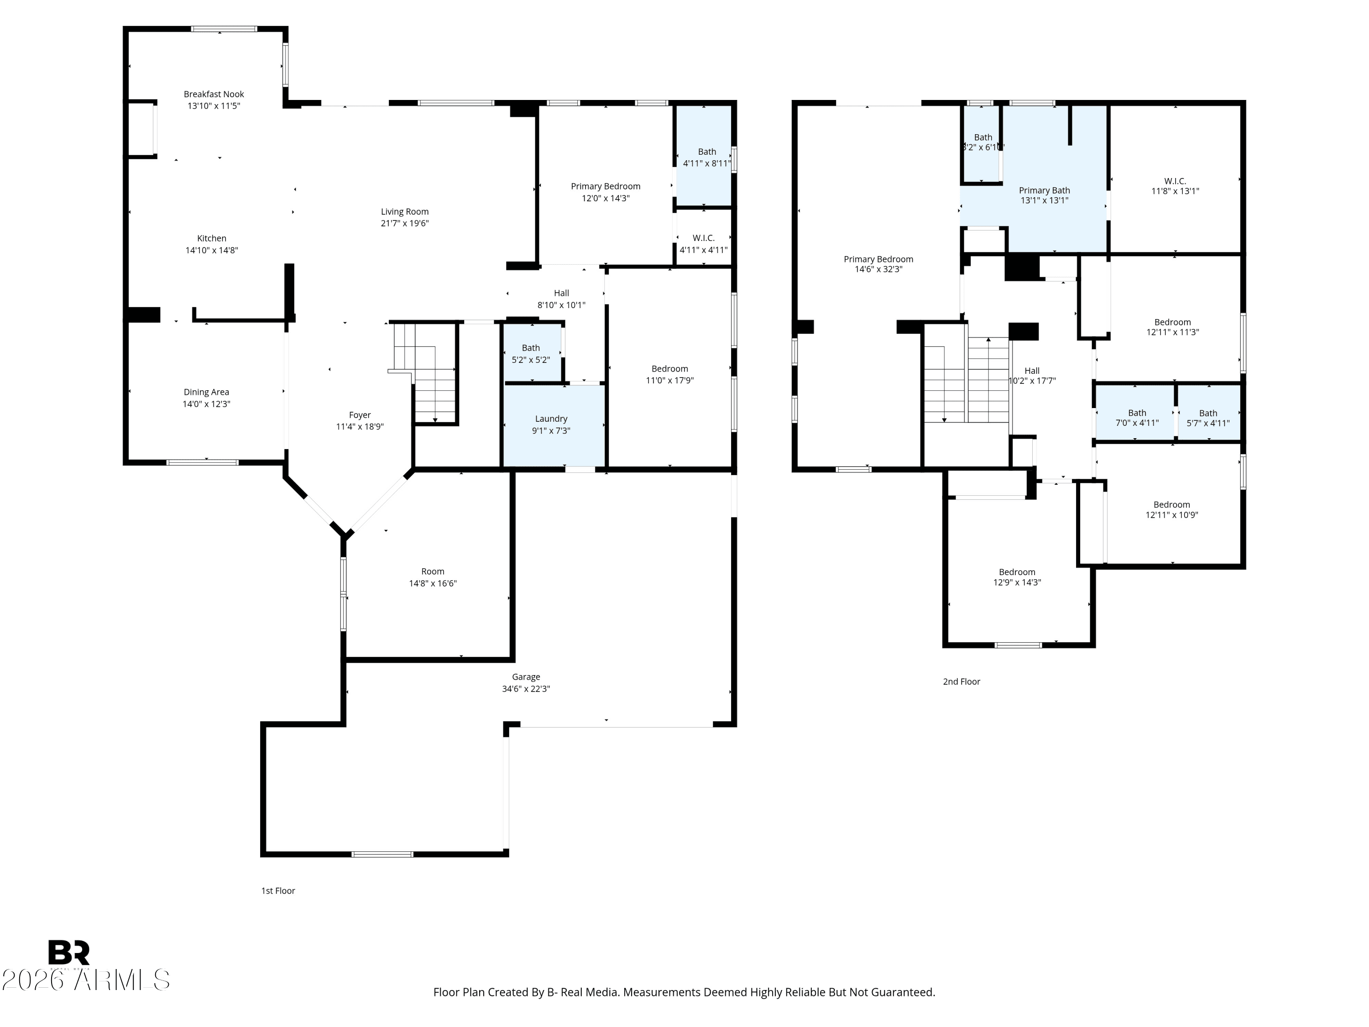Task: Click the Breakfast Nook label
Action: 214,94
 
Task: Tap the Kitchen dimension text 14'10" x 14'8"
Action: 212,250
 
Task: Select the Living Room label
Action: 405,212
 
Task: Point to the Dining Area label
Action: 206,392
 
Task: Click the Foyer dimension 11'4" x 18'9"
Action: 360,426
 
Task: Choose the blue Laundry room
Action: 554,425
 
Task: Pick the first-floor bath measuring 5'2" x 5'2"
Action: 532,353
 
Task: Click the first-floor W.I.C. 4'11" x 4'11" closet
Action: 703,238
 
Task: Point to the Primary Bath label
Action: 1045,191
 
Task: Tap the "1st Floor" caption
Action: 278,891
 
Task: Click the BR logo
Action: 69,952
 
